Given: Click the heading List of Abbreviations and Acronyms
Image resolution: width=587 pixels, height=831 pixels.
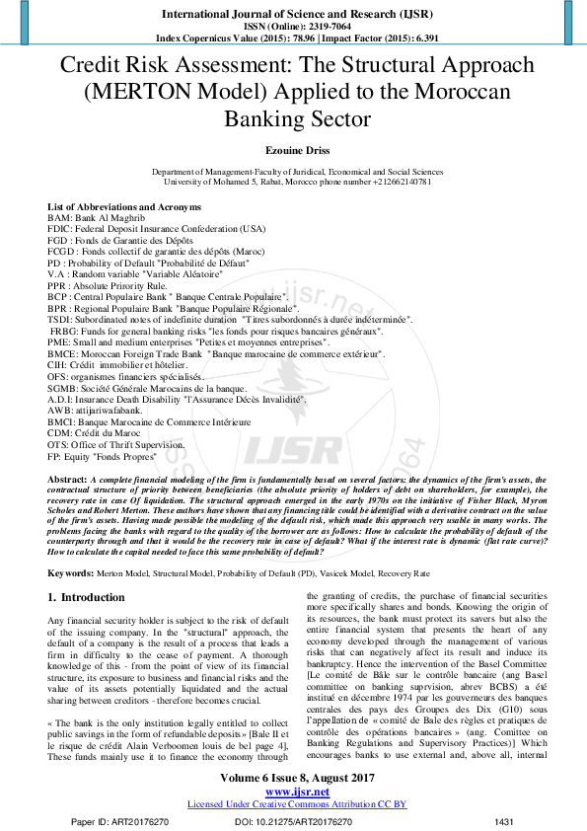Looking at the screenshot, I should (x=124, y=207).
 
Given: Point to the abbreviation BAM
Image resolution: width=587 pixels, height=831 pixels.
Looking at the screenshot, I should (x=59, y=217).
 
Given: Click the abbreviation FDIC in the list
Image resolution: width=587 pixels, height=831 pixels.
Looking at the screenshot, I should (x=61, y=228).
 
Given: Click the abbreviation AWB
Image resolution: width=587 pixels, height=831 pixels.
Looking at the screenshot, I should (x=60, y=410).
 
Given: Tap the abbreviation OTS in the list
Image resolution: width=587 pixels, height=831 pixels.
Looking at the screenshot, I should (x=59, y=445).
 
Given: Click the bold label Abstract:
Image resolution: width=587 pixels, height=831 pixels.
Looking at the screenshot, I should (x=67, y=478).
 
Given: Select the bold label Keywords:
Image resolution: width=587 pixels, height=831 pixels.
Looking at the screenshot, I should (x=72, y=572).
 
